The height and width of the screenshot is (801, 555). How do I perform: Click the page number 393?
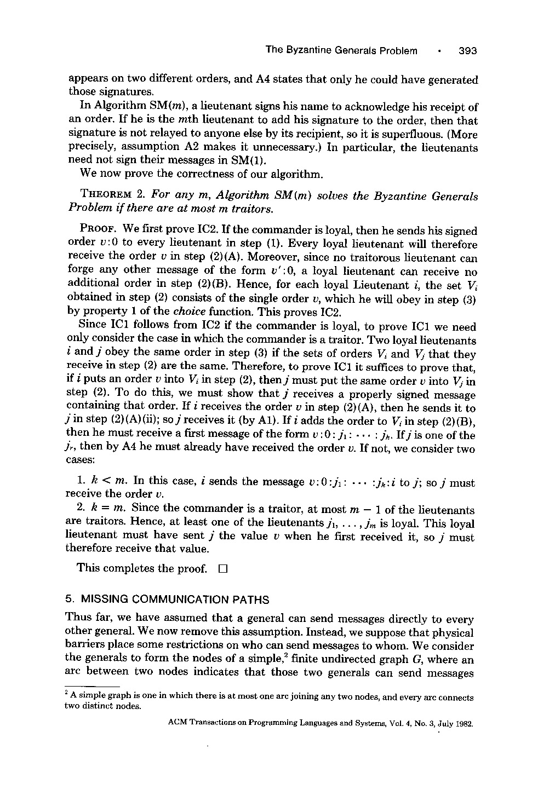point(468,51)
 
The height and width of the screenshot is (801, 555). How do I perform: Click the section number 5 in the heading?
point(68,600)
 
